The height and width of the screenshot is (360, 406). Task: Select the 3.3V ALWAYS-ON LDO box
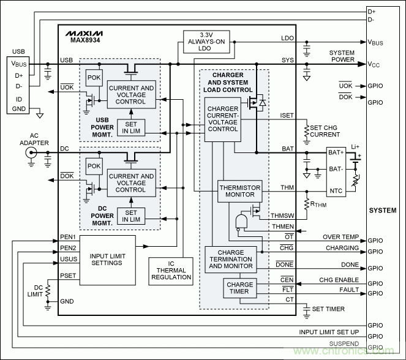tap(205, 41)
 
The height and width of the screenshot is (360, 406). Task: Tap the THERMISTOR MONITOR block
tap(240, 192)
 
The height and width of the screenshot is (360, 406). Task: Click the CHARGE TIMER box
tap(240, 288)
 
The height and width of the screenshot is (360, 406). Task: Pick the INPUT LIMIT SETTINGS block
tap(108, 260)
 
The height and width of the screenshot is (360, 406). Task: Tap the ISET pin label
tap(287, 114)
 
